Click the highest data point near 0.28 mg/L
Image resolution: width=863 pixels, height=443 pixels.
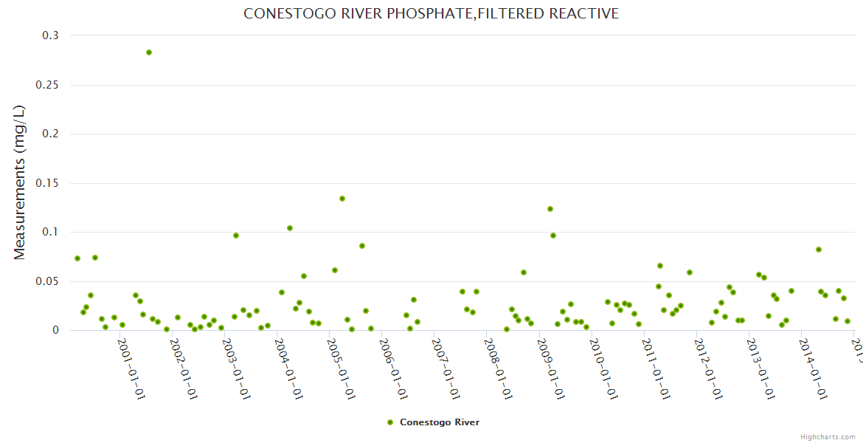(x=149, y=52)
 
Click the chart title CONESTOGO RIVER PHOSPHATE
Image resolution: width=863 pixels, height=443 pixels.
(x=431, y=14)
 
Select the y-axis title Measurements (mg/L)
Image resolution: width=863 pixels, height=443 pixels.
(x=20, y=182)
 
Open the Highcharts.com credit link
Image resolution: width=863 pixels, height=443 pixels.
(x=828, y=437)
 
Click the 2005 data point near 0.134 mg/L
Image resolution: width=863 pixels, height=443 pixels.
(x=342, y=199)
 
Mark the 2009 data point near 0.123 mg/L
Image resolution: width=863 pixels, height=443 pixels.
(x=550, y=209)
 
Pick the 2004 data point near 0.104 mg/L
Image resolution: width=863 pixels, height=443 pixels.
(x=290, y=228)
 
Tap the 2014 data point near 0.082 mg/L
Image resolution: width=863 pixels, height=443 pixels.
(x=819, y=250)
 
